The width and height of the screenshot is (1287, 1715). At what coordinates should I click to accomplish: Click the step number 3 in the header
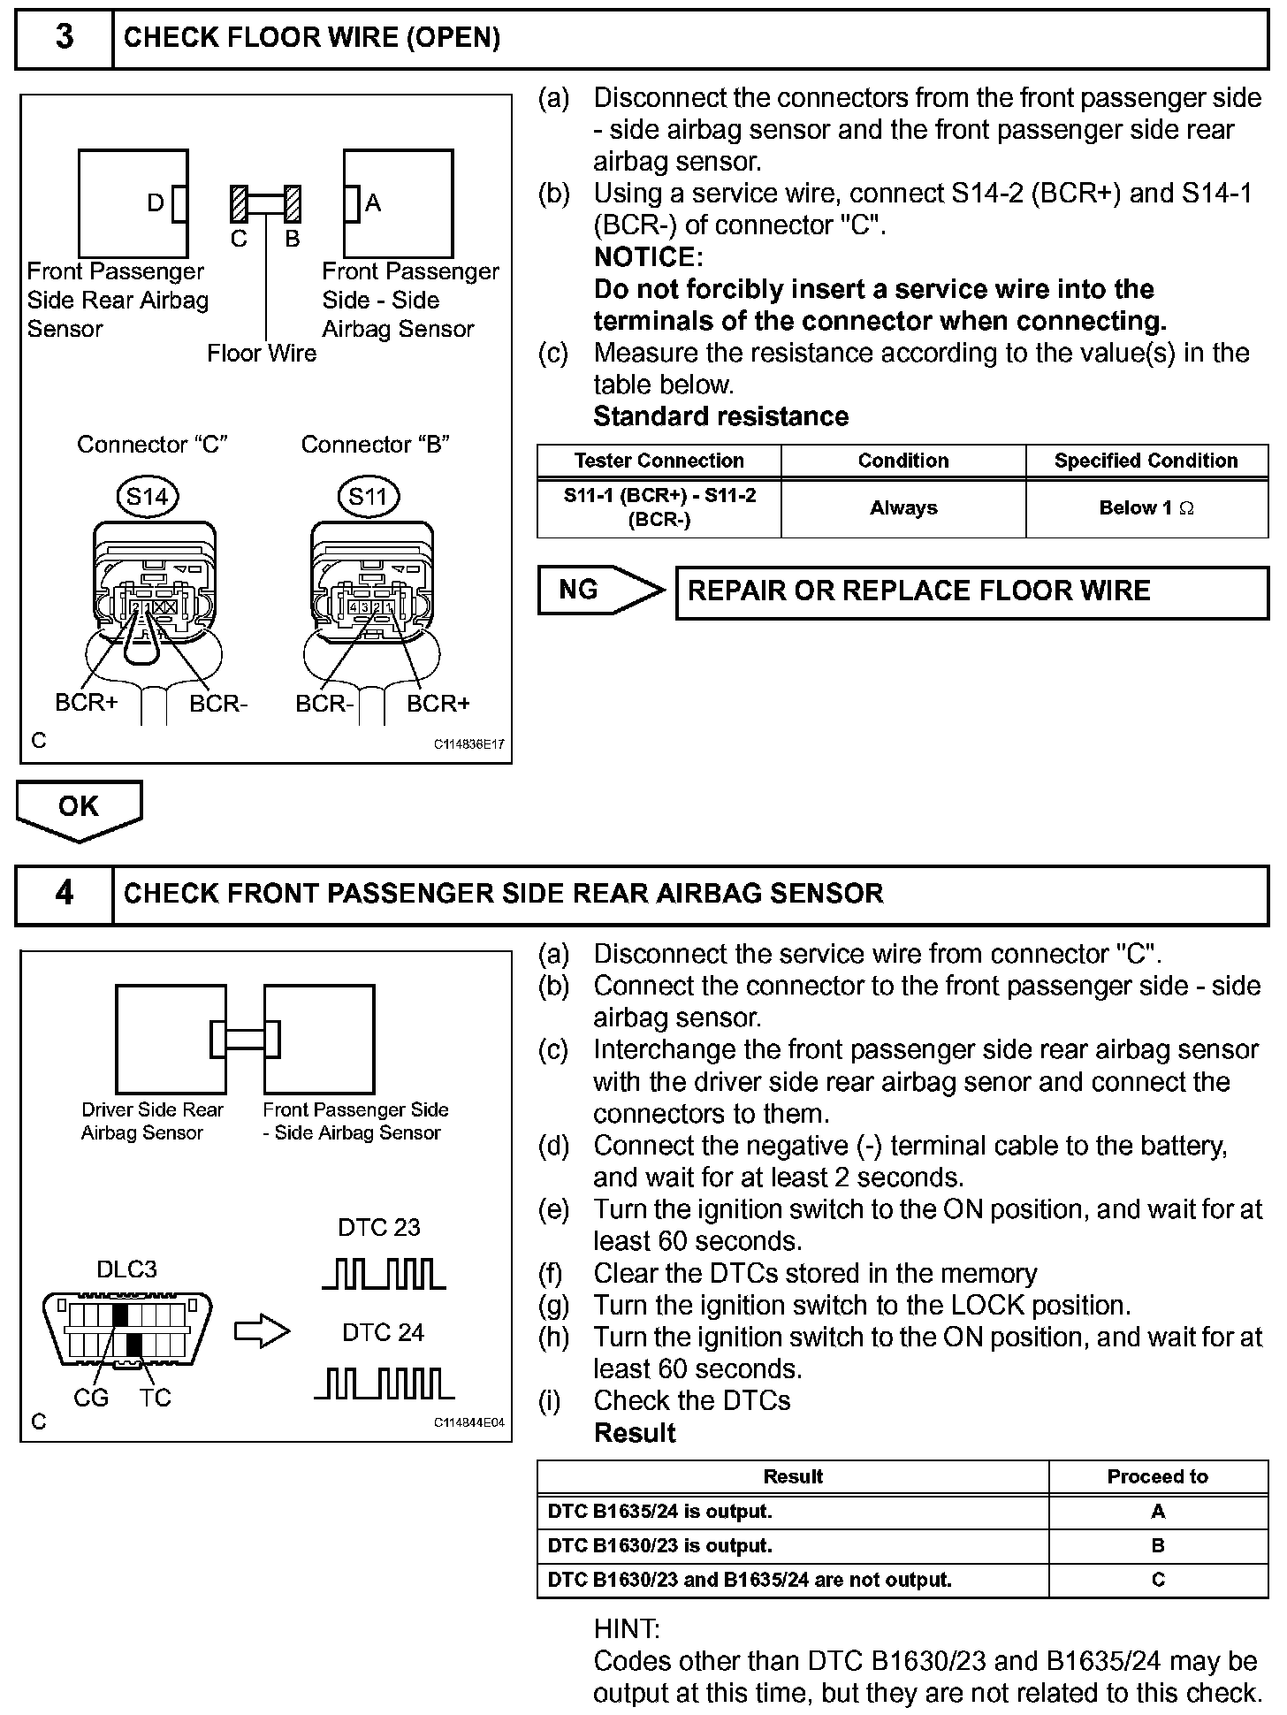(65, 38)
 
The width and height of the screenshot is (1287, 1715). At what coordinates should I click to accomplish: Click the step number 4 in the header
(65, 894)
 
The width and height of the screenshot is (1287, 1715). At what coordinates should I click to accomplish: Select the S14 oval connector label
(147, 497)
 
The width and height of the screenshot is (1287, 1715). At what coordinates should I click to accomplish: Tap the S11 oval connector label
(368, 497)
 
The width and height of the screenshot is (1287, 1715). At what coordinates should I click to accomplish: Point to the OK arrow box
(79, 808)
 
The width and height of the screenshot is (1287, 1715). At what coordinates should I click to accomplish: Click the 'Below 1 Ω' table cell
(1146, 508)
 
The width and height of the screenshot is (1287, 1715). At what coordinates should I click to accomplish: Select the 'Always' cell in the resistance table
(902, 508)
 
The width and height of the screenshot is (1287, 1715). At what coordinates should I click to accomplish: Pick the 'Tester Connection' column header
(659, 461)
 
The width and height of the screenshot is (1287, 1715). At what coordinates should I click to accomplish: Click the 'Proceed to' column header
(1157, 1476)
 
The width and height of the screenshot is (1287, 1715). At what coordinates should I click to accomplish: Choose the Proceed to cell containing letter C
(1157, 1580)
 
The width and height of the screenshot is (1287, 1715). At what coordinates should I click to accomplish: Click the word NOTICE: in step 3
(648, 257)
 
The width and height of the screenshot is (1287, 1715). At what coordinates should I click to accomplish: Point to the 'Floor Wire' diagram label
(262, 354)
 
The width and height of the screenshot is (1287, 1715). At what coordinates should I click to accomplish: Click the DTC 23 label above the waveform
(379, 1227)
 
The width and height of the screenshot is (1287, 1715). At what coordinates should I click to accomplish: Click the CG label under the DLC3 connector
(91, 1398)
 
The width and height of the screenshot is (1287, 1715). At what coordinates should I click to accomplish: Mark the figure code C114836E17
(468, 744)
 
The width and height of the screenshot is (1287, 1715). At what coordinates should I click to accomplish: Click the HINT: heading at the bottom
(627, 1628)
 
